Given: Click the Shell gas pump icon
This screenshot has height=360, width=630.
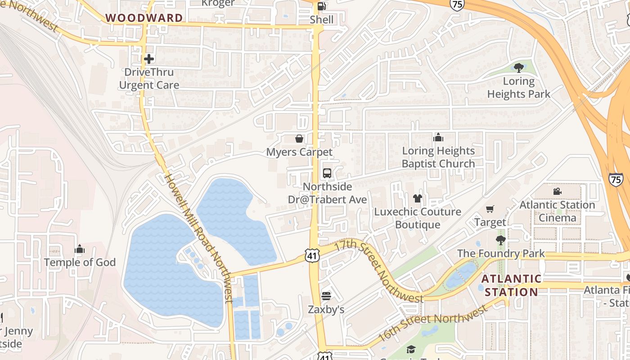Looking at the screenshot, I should pos(321,6).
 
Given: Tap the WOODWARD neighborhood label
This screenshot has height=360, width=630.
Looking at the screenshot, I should pos(144,18).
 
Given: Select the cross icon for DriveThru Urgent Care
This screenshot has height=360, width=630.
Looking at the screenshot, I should pos(149,59).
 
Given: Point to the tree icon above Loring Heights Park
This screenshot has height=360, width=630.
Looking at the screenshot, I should pos(518,68).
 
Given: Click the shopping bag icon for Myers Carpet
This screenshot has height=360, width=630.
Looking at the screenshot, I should pos(299,139).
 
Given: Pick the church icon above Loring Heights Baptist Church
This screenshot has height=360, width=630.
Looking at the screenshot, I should pos(438,137).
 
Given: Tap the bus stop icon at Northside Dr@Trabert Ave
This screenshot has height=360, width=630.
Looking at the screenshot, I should pos(327,173).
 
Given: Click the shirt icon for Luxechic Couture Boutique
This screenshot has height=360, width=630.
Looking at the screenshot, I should pos(418,198).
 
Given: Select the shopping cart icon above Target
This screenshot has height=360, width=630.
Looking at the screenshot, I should pos(490,209).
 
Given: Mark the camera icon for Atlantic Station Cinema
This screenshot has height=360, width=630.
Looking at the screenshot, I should pos(557,192).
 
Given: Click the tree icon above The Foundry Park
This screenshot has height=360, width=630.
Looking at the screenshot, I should pos(500,240).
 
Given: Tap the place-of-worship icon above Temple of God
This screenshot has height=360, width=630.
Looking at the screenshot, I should pos(80,249).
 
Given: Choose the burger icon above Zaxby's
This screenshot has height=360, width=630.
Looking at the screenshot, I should pos(326,296).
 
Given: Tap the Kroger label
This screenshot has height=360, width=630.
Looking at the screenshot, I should pos(218,3).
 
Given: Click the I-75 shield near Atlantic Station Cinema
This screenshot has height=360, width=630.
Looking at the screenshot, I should pos(616,179).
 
